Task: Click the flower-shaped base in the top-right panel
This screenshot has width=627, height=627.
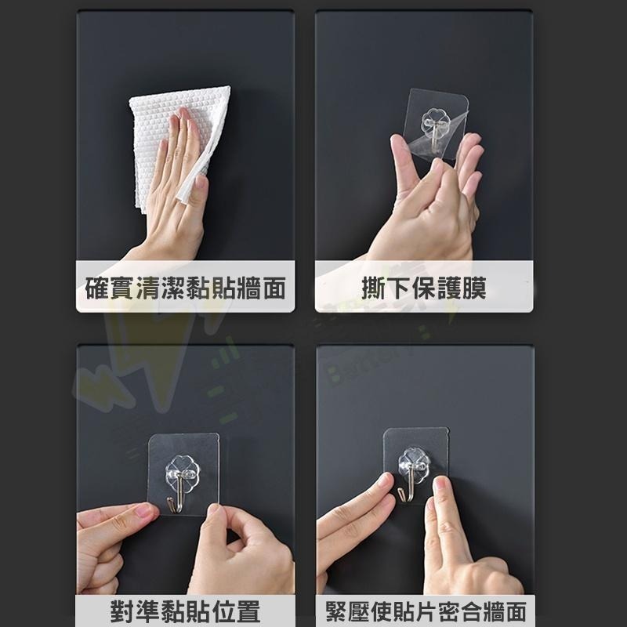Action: (x=435, y=124)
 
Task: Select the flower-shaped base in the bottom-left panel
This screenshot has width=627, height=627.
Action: (x=183, y=468)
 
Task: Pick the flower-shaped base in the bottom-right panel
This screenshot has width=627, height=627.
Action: (x=414, y=462)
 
